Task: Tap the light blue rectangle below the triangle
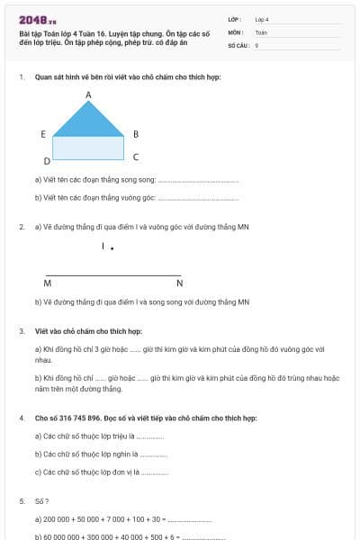point(88,148)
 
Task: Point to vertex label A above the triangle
point(88,94)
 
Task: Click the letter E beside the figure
point(43,134)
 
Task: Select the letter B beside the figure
point(135,134)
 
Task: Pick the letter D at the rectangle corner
point(47,162)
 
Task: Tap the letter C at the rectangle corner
point(135,157)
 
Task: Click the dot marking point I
point(112,247)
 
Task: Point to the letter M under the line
point(47,283)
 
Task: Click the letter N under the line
point(179,283)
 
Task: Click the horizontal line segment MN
point(112,274)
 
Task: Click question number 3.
point(22,331)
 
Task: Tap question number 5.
point(22,500)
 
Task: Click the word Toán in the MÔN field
point(261,31)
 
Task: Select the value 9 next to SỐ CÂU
point(256,44)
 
